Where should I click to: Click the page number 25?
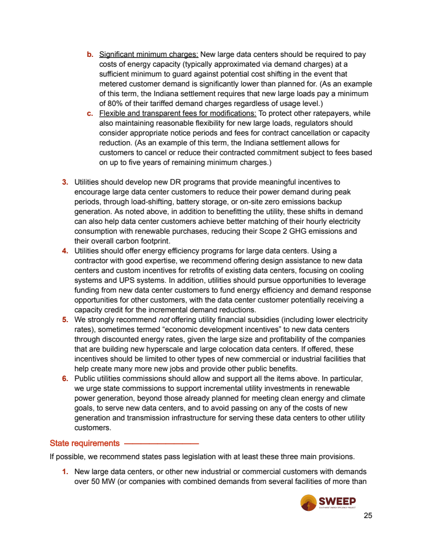368,515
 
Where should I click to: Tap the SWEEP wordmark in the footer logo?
337,501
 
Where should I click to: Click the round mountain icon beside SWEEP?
309,503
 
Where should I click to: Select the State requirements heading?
84,443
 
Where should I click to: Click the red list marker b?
89,54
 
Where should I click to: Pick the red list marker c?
89,114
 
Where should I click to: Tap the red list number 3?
65,182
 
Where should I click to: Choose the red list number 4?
65,251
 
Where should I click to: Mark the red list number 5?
65,320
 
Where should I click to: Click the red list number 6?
65,378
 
